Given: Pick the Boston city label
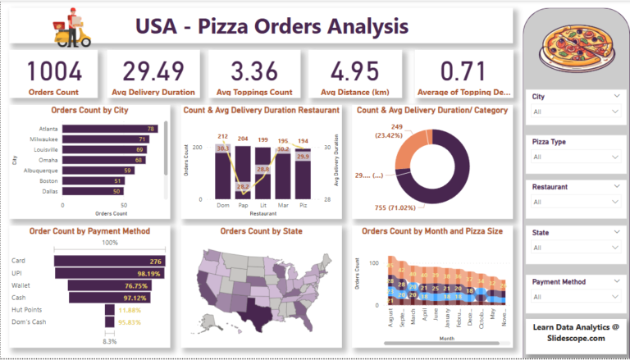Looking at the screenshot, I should [x=48, y=180].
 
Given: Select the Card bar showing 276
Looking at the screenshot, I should [x=111, y=261].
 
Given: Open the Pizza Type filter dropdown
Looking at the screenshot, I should [x=574, y=157].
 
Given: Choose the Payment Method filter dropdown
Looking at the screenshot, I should [x=574, y=296].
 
